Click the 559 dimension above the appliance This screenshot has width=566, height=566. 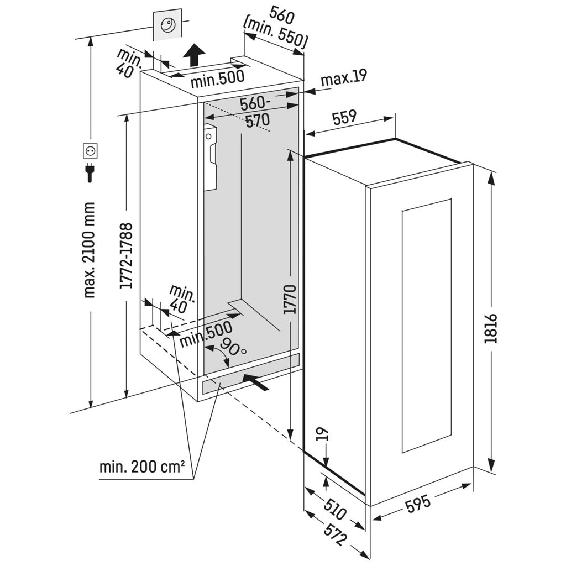(344, 117)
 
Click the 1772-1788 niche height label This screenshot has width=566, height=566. (127, 255)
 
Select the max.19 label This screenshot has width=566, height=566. (344, 79)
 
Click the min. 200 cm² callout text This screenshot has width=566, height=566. (142, 467)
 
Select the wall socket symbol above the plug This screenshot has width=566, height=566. (90, 150)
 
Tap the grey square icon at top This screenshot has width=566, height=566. (166, 25)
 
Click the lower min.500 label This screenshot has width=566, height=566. (206, 332)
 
